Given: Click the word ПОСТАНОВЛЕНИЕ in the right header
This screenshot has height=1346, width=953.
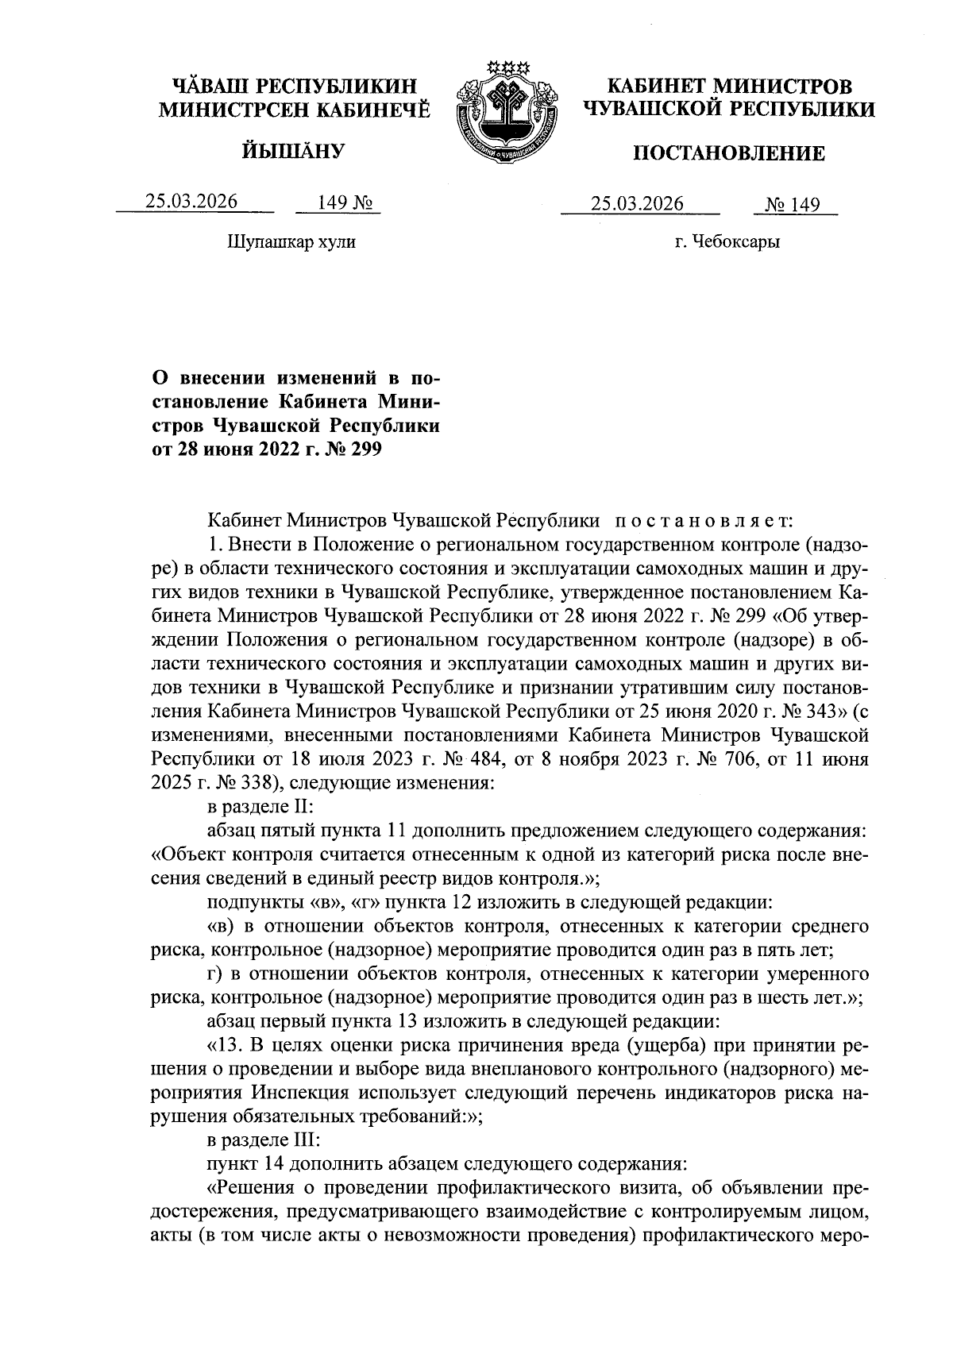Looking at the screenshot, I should tap(728, 154).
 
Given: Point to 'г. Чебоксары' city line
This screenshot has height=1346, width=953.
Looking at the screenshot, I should tap(727, 242).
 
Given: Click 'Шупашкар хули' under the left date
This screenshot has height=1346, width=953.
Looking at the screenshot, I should tap(291, 241).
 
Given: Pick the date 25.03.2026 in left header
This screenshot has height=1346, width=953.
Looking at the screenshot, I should tap(191, 202).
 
